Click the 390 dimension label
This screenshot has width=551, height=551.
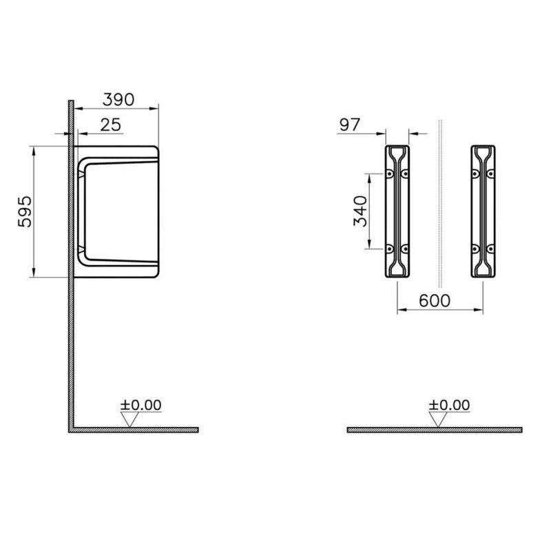click(118, 100)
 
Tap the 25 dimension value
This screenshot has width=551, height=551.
click(110, 125)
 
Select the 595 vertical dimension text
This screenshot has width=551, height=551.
click(25, 211)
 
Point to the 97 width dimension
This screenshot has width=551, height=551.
click(350, 125)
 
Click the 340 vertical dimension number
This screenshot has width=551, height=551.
click(360, 211)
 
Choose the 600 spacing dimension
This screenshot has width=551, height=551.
click(435, 301)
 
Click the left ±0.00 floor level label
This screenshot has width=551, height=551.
click(141, 405)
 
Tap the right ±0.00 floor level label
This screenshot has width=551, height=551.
click(449, 405)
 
